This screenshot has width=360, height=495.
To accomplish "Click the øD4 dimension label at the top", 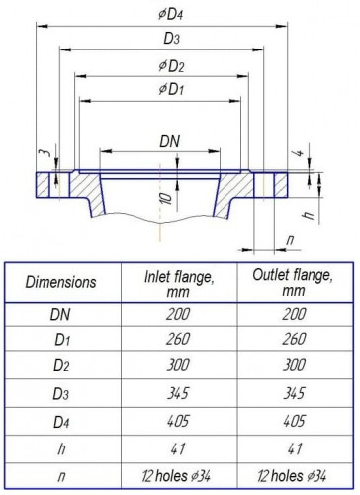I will click(x=180, y=14).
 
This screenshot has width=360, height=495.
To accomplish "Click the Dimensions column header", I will click(x=61, y=282).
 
